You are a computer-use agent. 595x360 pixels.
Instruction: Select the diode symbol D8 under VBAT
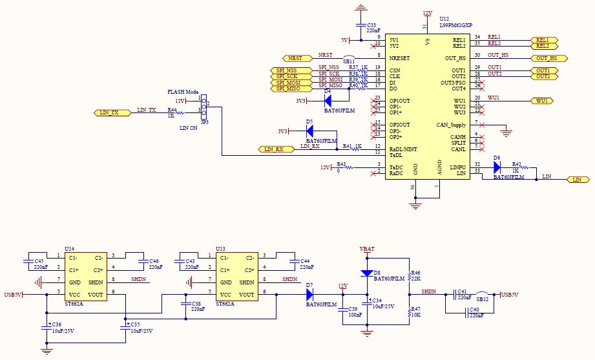pos(367,272)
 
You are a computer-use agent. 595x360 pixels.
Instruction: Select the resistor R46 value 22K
pos(416,279)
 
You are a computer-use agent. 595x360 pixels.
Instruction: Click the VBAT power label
pos(367,249)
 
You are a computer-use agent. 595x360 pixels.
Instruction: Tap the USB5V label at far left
pos(12,295)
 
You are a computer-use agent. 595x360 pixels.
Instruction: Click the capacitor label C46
pos(154,260)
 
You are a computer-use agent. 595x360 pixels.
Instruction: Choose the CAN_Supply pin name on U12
pos(452,124)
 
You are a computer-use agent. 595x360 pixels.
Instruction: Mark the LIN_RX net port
pos(274,149)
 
